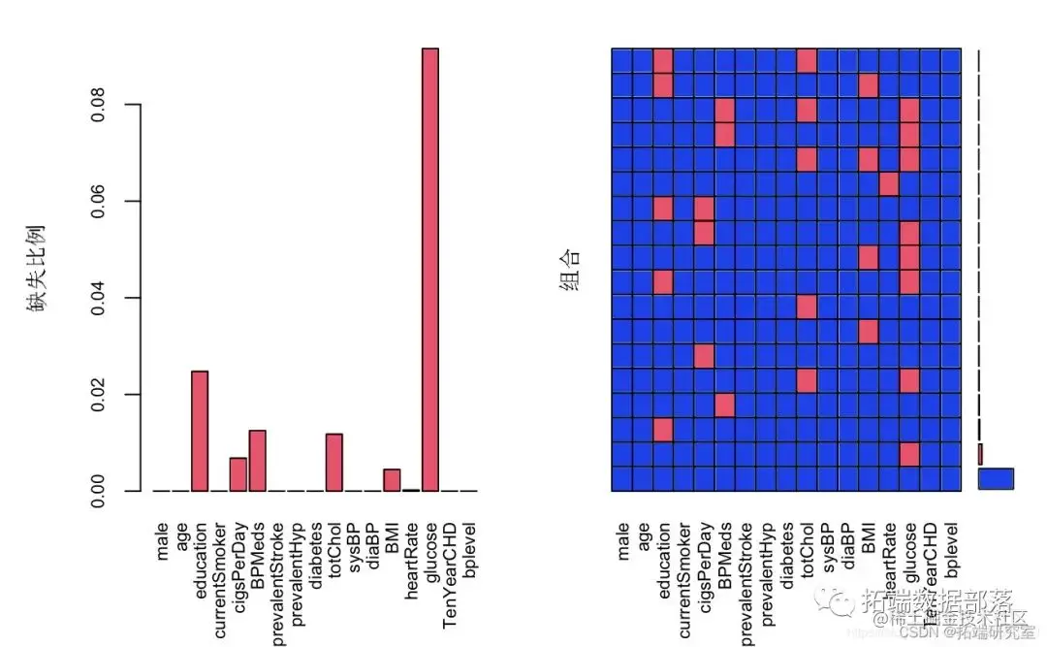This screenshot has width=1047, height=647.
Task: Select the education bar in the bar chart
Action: click(200, 431)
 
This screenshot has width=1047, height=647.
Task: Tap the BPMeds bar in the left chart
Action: click(257, 461)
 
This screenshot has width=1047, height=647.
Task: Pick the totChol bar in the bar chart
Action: click(334, 463)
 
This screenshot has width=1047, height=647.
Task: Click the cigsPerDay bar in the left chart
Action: click(238, 474)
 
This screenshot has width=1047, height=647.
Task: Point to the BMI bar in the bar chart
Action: click(392, 480)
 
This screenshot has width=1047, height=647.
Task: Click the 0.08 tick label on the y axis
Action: click(98, 104)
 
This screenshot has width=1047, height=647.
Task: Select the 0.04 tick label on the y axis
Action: click(98, 298)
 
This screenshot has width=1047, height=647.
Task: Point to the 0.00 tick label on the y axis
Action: click(98, 491)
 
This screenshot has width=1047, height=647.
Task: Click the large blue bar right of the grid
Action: click(996, 478)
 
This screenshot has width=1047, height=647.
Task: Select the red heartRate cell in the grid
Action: click(889, 182)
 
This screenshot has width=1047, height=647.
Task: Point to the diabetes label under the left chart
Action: click(315, 552)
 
